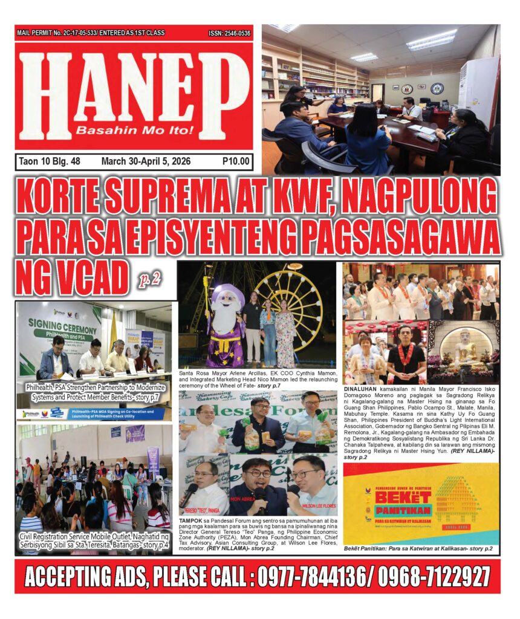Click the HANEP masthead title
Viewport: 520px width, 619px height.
click(x=134, y=88)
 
